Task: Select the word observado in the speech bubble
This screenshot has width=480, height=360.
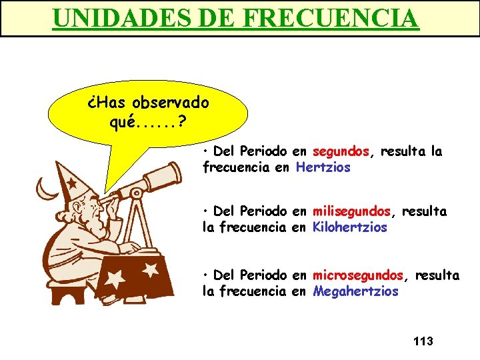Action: point(171,103)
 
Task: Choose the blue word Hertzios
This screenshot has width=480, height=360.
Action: point(323,167)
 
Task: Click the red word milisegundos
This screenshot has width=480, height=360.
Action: point(351,211)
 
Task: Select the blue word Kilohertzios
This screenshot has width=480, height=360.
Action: point(349,227)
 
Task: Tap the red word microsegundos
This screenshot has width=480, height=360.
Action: point(357,275)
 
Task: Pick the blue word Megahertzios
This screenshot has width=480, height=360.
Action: point(355,291)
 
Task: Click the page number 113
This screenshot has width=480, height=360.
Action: point(423,341)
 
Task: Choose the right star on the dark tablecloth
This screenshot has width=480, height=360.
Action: point(151,269)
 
